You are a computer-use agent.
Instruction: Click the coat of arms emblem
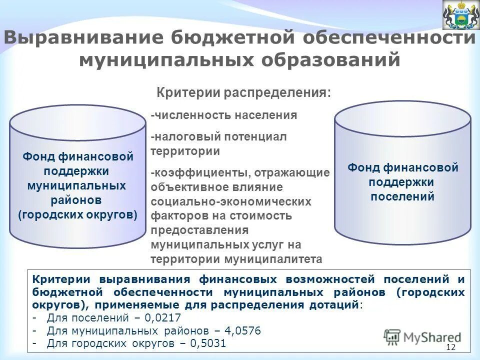pos(460,15)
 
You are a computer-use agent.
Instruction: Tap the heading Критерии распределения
pos(244,93)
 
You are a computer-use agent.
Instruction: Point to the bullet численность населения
pos(224,115)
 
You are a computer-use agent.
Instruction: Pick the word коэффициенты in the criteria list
pos(201,172)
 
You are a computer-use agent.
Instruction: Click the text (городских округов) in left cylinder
pos(77,215)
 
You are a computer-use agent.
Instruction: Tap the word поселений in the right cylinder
pos(402,196)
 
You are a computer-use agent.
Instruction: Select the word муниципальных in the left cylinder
pos(76,186)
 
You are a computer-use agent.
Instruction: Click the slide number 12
pos(450,347)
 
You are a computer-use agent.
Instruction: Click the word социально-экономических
pos(231,201)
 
